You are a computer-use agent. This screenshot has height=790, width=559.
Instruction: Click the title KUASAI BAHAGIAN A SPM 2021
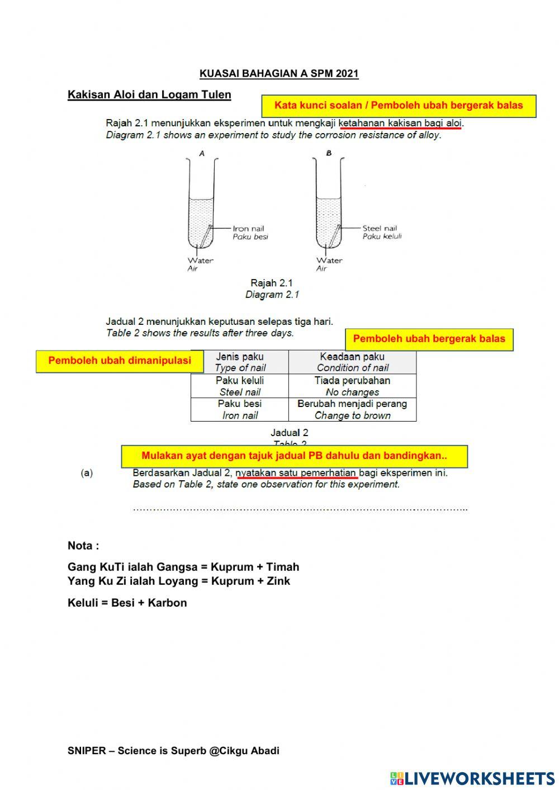(279, 74)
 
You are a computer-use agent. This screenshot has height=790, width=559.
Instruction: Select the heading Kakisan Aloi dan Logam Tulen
(149, 94)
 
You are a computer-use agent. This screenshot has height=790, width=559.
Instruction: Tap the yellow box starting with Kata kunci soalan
(399, 106)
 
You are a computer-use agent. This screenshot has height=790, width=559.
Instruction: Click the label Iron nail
(249, 228)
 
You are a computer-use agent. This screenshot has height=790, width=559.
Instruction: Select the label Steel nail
(380, 228)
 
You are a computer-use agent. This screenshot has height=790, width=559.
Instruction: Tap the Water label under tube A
(200, 260)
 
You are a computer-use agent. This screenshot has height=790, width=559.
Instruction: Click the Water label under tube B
(329, 260)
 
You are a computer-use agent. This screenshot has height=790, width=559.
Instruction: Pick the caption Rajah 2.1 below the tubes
(272, 283)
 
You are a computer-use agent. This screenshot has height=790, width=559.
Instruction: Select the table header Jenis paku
(240, 357)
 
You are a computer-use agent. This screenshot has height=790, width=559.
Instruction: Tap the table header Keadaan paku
(352, 357)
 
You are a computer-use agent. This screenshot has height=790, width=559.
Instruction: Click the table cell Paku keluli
(240, 381)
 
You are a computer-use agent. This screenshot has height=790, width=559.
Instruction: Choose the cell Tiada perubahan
(352, 381)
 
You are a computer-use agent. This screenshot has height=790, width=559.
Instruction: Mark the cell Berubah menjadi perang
(352, 404)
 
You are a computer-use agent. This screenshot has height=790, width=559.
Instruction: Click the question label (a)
(87, 473)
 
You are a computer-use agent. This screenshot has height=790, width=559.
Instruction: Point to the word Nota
(83, 546)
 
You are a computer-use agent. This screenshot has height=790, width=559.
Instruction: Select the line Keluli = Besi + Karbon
(127, 603)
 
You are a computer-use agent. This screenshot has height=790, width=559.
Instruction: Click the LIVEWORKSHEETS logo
(472, 778)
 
